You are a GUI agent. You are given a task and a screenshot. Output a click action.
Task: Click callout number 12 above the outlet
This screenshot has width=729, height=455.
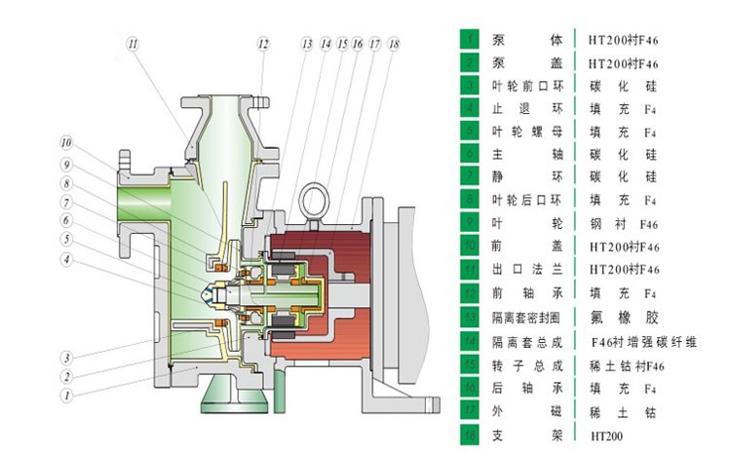263,43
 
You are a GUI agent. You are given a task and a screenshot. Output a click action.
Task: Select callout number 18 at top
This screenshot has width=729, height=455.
393,44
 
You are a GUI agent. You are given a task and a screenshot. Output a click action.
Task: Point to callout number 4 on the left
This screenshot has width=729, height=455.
67,259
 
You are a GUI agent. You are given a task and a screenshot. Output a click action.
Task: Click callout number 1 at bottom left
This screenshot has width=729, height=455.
67,396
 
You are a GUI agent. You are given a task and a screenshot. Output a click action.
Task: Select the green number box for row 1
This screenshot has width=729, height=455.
472,39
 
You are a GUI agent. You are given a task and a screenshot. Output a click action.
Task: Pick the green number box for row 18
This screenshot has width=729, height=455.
472,436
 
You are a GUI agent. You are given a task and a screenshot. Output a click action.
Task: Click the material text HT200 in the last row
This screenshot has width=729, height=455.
605,436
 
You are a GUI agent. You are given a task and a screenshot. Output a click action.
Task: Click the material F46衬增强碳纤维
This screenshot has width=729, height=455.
644,341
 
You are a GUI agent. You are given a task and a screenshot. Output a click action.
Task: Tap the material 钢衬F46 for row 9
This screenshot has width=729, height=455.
625,223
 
